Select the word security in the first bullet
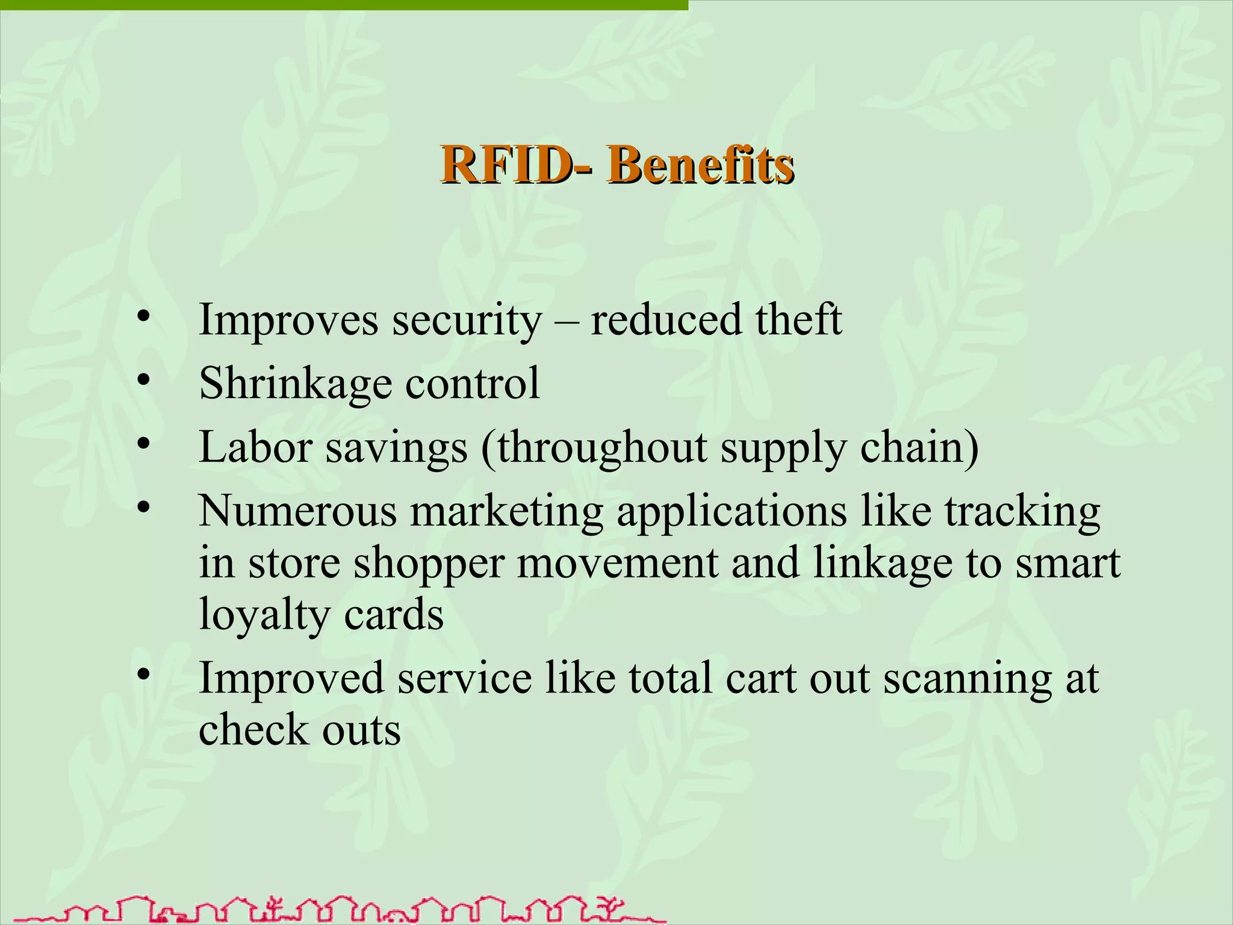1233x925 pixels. [x=467, y=320]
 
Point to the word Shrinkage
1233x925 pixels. [x=295, y=384]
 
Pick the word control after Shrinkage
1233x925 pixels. [x=473, y=383]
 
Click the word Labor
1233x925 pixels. [x=255, y=447]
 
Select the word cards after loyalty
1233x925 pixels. [x=394, y=614]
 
